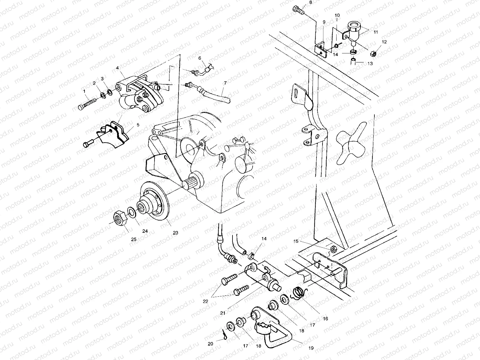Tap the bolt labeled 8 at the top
(298, 10)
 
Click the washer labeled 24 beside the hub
(131, 212)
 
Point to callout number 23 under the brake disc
(175, 232)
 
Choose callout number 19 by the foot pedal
(311, 348)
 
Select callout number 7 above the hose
(225, 82)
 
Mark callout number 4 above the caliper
(118, 68)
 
